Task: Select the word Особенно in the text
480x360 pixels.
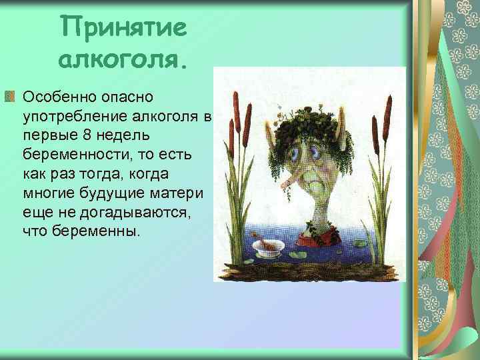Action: (x=56, y=97)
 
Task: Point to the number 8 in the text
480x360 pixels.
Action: (x=82, y=135)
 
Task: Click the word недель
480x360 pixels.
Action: (x=117, y=135)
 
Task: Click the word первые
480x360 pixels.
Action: (x=47, y=135)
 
